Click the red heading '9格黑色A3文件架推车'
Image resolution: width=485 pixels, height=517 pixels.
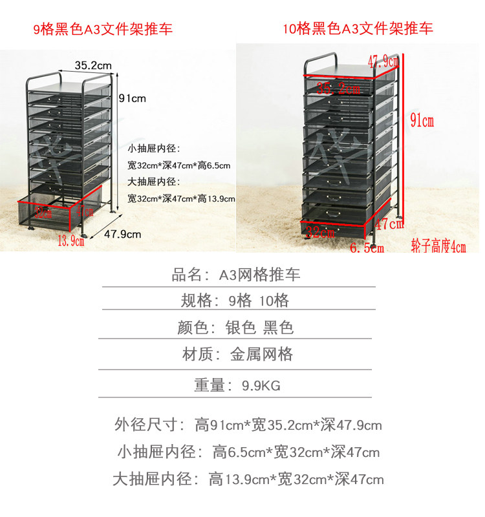point(103,29)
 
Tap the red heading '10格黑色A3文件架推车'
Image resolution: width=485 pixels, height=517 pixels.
point(358,28)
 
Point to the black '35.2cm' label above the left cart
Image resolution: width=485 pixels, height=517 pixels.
point(93,65)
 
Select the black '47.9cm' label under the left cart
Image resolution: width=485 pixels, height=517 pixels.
point(122,235)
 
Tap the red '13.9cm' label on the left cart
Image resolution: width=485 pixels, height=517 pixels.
point(71,241)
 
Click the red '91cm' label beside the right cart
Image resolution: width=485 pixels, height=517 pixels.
point(422,120)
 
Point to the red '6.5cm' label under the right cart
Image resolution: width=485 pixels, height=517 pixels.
point(367,248)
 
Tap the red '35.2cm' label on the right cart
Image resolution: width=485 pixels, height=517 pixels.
point(338,89)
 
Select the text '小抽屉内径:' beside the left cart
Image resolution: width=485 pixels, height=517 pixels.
point(153,149)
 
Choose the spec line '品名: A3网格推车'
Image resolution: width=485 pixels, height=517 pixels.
point(235,275)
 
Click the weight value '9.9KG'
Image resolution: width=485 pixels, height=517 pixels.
point(261,386)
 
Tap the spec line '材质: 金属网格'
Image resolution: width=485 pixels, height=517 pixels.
point(235,353)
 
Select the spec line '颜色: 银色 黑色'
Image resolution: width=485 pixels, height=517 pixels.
point(235,327)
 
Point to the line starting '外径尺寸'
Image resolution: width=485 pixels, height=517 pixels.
point(248,425)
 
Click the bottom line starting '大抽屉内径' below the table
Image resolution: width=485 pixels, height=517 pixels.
point(248,479)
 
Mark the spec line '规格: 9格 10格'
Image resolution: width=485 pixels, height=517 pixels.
point(235,301)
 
